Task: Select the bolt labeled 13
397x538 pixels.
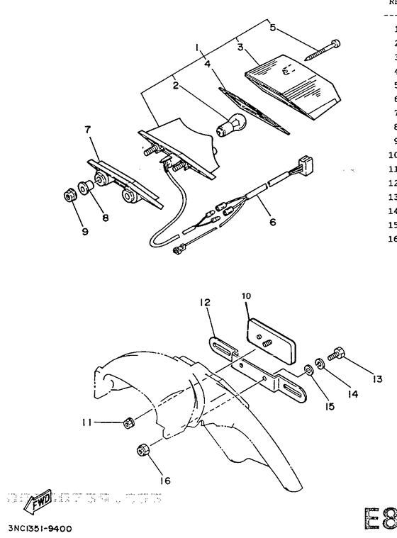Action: [335, 352]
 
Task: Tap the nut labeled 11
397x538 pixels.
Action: [128, 422]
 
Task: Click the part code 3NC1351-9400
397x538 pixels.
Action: [40, 528]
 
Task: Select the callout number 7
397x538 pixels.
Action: [87, 130]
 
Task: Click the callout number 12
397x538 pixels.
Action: [205, 303]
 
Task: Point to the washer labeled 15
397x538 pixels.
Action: [309, 369]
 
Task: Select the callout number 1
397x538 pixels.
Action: [197, 47]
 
